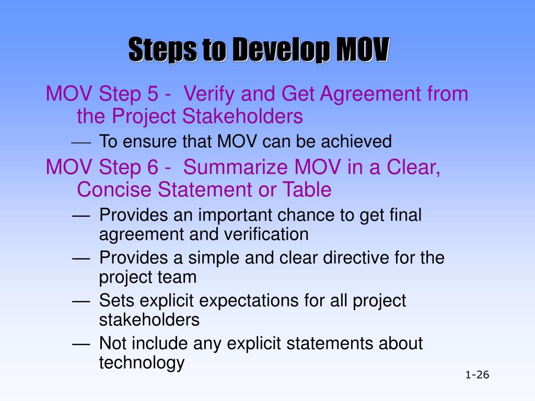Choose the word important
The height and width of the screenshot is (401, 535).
point(236,215)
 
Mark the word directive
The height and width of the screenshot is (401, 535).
point(364,257)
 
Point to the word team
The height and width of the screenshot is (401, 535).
point(177,277)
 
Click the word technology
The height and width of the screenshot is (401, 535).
point(142,362)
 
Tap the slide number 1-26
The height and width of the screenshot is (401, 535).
point(476,375)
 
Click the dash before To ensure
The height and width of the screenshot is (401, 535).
point(81,141)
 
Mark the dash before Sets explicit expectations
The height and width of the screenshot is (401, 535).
point(81,301)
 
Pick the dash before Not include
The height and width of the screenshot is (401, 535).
point(81,344)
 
